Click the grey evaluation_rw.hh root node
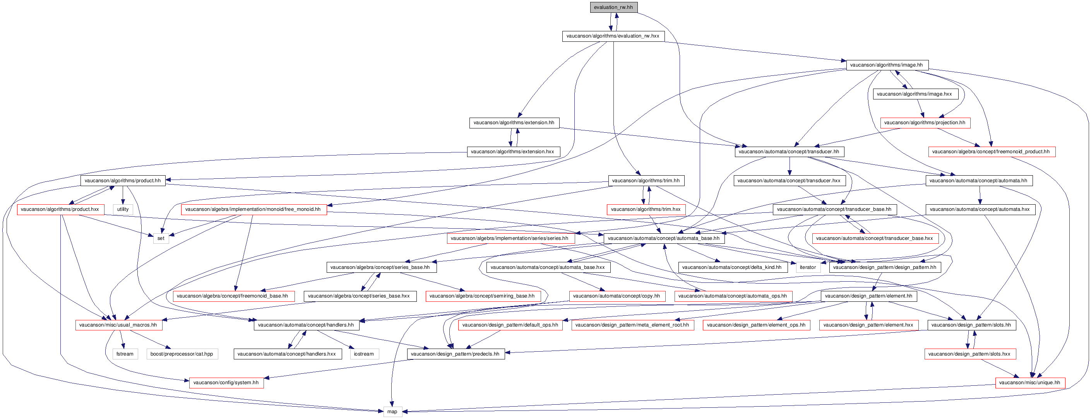pyautogui.click(x=613, y=7)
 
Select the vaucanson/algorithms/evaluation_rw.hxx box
pyautogui.click(x=613, y=36)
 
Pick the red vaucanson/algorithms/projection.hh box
pyautogui.click(x=925, y=123)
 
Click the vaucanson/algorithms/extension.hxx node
pyautogui.click(x=512, y=152)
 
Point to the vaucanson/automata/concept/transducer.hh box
pyautogui.click(x=789, y=152)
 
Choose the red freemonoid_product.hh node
pyautogui.click(x=991, y=152)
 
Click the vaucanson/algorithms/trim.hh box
pyautogui.click(x=646, y=181)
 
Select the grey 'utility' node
pyautogui.click(x=123, y=210)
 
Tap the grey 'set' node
pyautogui.click(x=161, y=238)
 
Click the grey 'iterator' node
pyautogui.click(x=808, y=267)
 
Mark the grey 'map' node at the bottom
pyautogui.click(x=392, y=412)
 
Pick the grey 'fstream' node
pyautogui.click(x=125, y=354)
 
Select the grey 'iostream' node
pyautogui.click(x=364, y=354)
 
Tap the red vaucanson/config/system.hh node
pyautogui.click(x=226, y=383)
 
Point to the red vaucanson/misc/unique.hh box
pyautogui.click(x=1029, y=383)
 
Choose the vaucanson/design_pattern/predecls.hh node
pyautogui.click(x=455, y=354)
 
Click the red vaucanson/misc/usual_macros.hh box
pyautogui.click(x=118, y=325)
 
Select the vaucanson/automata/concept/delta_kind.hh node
pyautogui.click(x=732, y=267)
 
